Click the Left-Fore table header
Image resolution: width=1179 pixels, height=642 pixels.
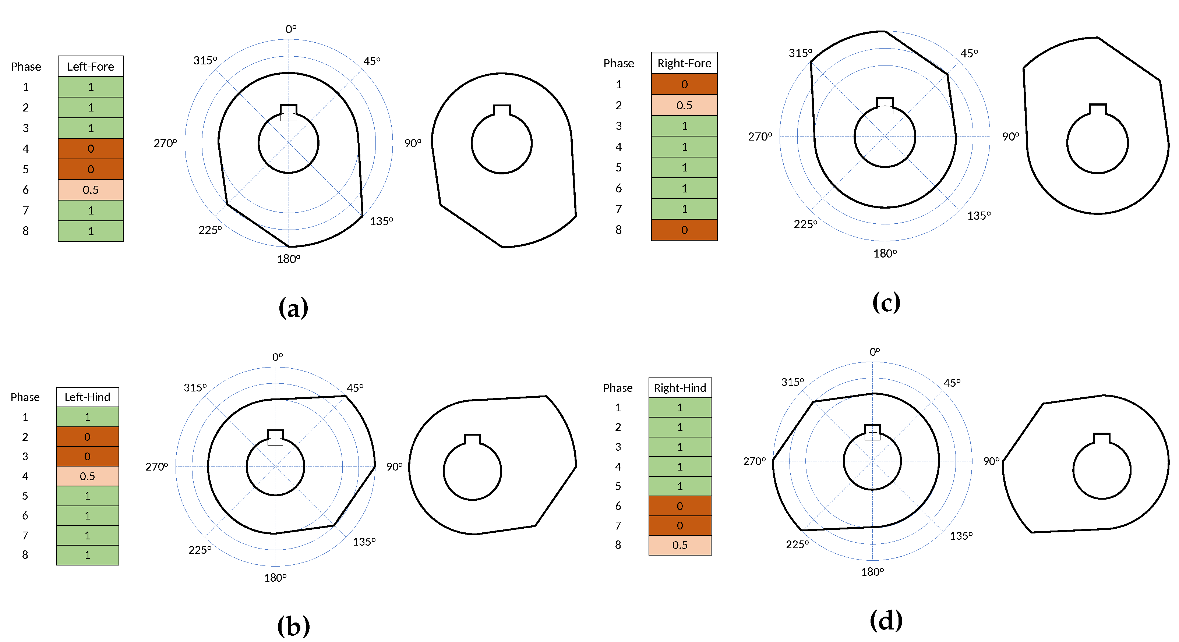[x=90, y=66]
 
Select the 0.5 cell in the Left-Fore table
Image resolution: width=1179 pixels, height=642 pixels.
[x=90, y=190]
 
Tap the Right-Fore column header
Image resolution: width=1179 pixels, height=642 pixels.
[x=684, y=63]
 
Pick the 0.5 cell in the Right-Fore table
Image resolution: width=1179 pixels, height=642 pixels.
[x=684, y=105]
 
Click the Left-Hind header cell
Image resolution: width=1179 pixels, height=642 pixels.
[x=87, y=397]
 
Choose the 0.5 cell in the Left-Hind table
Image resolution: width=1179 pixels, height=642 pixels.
[x=87, y=476]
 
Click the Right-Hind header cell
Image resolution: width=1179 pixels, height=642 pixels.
[x=679, y=387]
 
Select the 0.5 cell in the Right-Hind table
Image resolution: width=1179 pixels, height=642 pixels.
[x=679, y=545]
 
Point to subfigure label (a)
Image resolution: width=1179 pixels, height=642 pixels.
[x=293, y=308]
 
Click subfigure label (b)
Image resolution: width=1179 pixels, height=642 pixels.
[x=293, y=625]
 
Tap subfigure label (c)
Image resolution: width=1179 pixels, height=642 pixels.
[x=886, y=302]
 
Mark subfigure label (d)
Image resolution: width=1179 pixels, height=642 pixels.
[x=886, y=621]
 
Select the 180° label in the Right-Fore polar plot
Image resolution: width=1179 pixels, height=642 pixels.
[x=885, y=253]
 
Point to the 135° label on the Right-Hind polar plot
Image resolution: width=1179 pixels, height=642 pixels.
[x=961, y=536]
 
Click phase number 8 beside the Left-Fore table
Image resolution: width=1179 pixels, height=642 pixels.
[x=26, y=231]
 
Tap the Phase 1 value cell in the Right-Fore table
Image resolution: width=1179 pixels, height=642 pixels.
[x=684, y=84]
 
